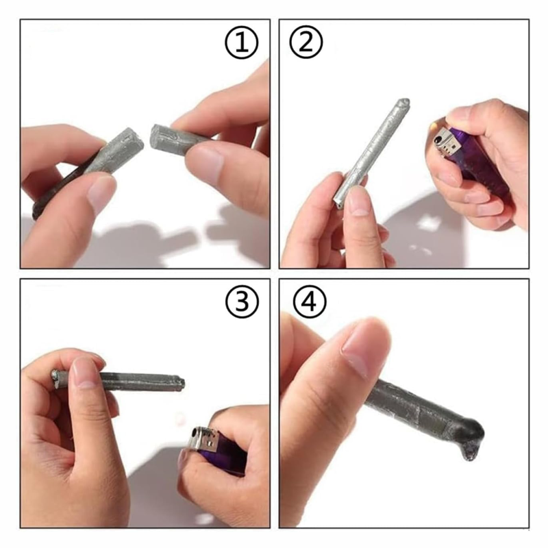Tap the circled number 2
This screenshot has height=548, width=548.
306,45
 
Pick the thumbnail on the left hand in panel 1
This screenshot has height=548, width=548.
101,192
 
